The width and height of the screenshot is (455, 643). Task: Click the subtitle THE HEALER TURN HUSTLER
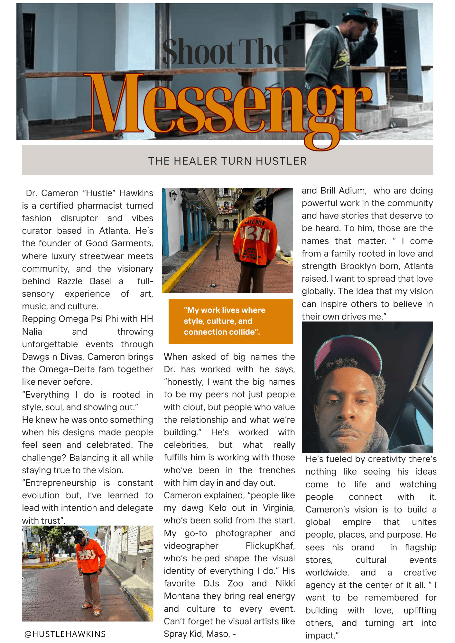coord(227,161)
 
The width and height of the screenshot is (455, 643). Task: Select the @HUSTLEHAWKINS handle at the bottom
coord(65,634)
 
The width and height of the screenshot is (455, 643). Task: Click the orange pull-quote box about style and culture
coord(231,321)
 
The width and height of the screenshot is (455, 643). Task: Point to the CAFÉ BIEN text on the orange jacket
coord(255,222)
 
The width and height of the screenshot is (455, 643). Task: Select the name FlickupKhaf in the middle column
coord(270,546)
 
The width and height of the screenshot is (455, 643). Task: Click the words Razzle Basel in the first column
coord(84,281)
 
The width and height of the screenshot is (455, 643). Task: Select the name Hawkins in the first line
coord(136,193)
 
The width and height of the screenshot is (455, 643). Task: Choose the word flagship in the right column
coord(420,547)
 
